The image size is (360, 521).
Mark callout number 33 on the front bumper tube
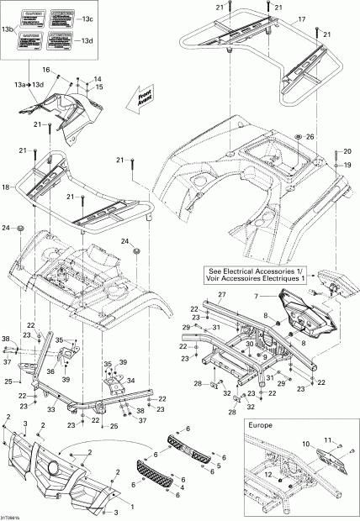(x=51, y=409)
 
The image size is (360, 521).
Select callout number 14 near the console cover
(x=97, y=79)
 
